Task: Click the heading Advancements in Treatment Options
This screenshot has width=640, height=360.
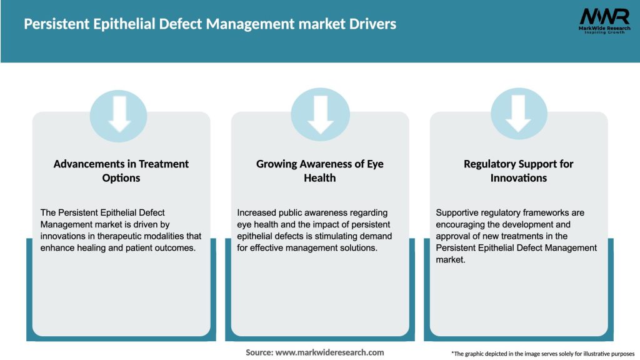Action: tap(121, 171)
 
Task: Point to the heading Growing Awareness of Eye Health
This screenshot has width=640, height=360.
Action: tap(320, 171)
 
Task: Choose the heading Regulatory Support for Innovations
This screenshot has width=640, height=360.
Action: tap(518, 171)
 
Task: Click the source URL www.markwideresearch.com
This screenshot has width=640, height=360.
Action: tap(329, 352)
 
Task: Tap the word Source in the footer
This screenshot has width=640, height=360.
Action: tap(259, 352)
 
